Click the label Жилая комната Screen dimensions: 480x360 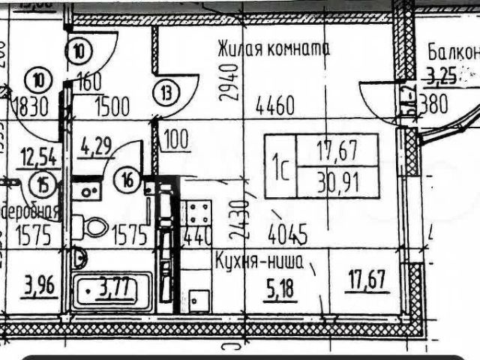coord(273,49)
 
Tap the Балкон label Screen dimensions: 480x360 coord(452,52)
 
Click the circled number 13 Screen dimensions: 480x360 coord(166,94)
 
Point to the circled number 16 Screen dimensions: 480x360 coord(129,179)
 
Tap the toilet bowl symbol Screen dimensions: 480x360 coord(95,226)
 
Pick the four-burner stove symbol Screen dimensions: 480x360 coord(199,214)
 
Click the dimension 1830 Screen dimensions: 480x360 coord(30,106)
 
